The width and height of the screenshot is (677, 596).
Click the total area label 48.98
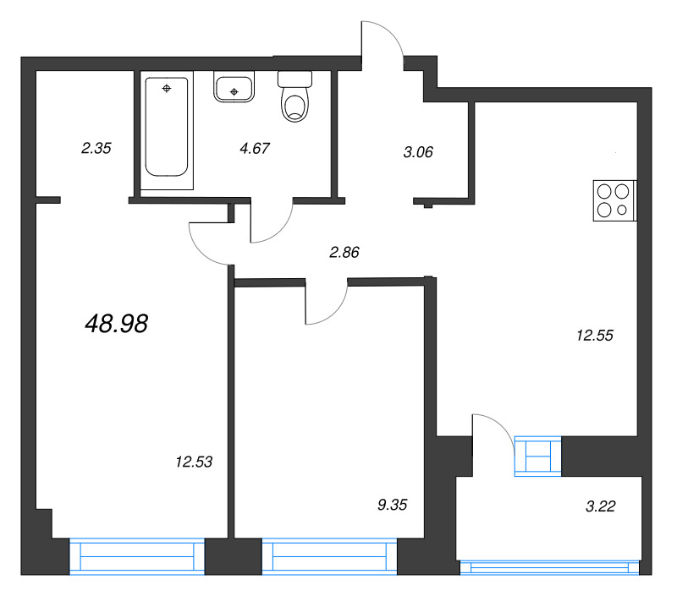coord(117,323)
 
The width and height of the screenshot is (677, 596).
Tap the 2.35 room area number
coord(96,148)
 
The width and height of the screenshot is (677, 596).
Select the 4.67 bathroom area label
coord(255,148)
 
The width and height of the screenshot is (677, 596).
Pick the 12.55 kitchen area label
coord(594,335)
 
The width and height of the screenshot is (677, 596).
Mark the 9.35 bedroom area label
coord(393,505)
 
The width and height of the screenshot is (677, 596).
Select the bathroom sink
coord(234,87)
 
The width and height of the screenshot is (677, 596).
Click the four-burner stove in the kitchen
coord(614,201)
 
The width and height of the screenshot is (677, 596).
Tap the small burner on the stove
coord(624,211)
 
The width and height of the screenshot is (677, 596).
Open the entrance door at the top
coord(383,42)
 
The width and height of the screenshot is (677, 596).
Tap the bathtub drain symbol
coord(166,88)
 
